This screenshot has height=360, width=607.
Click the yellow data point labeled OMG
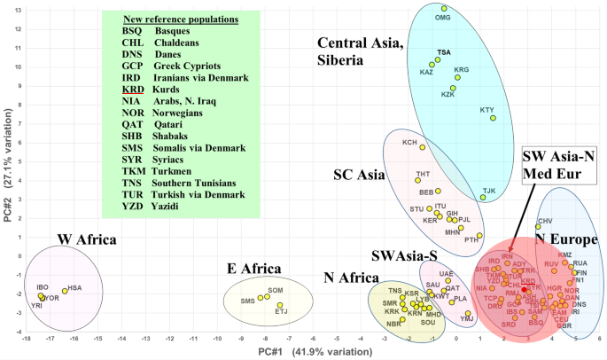(x=444, y=9)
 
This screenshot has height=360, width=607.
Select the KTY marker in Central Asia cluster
(x=493, y=118)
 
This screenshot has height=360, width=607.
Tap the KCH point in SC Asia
(x=422, y=147)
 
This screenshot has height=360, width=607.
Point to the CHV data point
(x=538, y=227)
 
